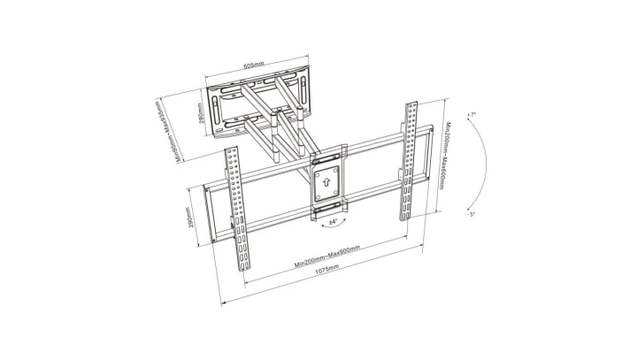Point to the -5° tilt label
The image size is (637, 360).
pos(472,214)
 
